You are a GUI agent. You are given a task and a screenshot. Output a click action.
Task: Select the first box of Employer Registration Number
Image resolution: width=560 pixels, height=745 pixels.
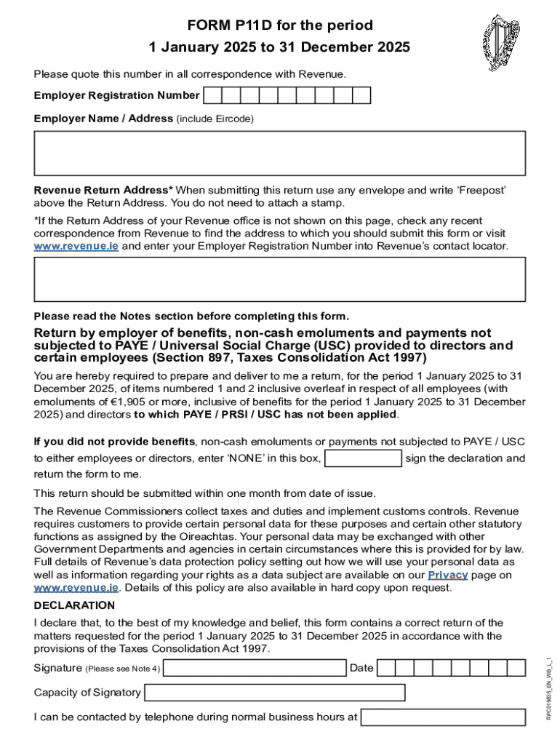click(212, 95)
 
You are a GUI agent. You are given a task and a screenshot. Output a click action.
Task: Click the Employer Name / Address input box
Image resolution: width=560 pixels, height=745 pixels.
click(280, 153)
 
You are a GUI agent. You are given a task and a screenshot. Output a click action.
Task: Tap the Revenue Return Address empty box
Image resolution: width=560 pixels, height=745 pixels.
click(280, 279)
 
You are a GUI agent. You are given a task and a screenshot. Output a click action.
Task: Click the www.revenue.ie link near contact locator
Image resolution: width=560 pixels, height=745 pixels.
click(76, 247)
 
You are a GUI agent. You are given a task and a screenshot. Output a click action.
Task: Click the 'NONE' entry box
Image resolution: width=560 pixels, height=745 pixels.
click(363, 458)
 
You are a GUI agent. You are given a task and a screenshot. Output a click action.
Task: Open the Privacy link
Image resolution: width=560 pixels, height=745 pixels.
click(447, 575)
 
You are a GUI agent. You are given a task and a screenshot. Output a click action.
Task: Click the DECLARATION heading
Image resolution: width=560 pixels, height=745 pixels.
click(74, 605)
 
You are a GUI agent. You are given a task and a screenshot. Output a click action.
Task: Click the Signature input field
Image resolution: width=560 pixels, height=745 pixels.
click(256, 668)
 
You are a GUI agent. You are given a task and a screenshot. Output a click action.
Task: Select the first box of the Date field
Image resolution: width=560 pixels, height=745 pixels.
click(386, 668)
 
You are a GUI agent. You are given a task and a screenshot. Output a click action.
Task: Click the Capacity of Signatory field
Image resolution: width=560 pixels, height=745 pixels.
click(274, 693)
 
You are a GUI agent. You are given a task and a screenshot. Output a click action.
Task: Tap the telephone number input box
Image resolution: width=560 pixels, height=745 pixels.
click(443, 717)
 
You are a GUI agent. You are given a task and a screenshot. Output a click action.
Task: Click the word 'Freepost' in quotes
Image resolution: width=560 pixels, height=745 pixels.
click(479, 191)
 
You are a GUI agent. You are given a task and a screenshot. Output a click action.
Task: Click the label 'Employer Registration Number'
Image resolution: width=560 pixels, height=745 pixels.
click(116, 95)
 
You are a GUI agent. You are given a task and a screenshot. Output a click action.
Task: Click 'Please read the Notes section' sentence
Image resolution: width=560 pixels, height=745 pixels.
click(191, 316)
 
